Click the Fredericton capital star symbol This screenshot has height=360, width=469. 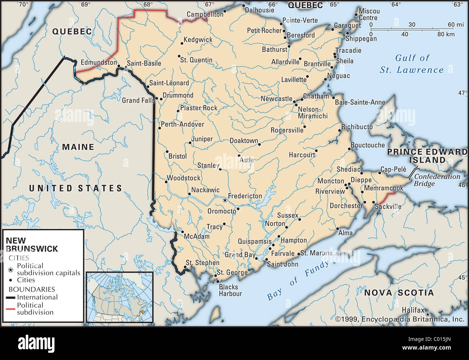click(x=225, y=200)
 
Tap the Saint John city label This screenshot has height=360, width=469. click(x=282, y=264)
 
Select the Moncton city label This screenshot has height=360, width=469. click(x=330, y=181)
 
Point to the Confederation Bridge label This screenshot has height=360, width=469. click(x=437, y=180)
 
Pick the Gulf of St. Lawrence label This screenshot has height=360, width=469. click(x=412, y=64)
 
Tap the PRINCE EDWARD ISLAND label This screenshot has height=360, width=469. click(x=427, y=156)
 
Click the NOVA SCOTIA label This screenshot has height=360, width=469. click(x=399, y=293)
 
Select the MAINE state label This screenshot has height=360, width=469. click(x=78, y=147)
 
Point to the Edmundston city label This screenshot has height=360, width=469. click(x=98, y=62)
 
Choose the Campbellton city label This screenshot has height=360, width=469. click(x=205, y=14)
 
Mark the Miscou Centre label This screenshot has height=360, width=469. click(x=369, y=14)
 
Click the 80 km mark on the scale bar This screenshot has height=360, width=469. click(x=446, y=34)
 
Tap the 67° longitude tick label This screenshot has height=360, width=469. click(x=210, y=5)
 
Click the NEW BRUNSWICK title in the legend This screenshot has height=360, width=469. click(x=32, y=245)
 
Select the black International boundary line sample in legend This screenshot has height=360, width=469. click(x=11, y=298)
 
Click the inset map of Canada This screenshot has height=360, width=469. click(x=120, y=297)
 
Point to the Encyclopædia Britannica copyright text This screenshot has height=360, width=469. click(x=400, y=319)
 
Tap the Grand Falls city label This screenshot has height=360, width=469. click(x=138, y=100)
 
